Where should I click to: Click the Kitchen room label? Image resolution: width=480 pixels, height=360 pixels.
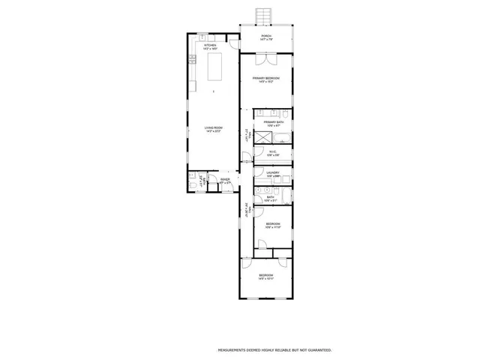click(210, 45)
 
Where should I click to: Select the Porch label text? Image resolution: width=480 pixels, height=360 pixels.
click(265, 37)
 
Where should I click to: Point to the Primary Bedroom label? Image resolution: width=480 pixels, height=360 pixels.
click(265, 79)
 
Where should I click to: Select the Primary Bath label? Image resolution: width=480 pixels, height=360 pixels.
click(273, 122)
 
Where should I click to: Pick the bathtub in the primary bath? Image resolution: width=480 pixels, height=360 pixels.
click(282, 137)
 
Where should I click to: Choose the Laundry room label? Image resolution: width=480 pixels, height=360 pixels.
click(272, 172)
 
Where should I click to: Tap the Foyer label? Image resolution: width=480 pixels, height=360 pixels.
click(225, 180)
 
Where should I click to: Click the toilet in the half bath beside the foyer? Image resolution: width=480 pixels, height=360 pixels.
click(193, 184)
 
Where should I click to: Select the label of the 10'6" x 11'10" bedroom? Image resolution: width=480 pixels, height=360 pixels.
click(273, 224)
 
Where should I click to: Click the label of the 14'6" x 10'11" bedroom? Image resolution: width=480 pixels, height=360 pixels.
click(265, 276)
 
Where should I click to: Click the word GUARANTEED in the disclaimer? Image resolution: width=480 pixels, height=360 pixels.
click(314, 350)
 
